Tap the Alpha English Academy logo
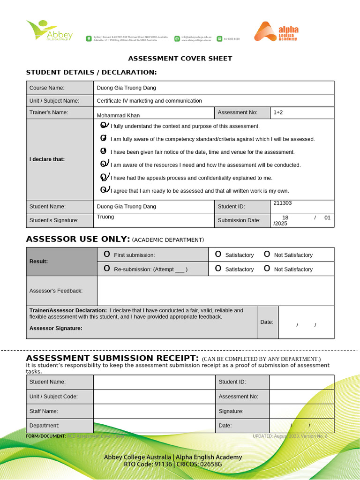pos(276,31)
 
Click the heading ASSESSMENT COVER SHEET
pos(180,59)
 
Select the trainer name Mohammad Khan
pos(118,115)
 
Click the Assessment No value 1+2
pos(278,112)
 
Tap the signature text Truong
pos(105,217)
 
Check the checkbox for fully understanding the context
pos(104,126)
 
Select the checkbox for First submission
pos(107,254)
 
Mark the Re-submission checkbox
pos(107,269)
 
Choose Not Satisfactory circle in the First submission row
pos(267,254)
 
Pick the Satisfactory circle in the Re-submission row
pos(218,269)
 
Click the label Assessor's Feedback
pos(56,291)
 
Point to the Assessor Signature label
pos(55,328)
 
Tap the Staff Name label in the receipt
pos(44,411)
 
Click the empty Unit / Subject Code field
pos(154,397)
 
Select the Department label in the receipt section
pos(44,426)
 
